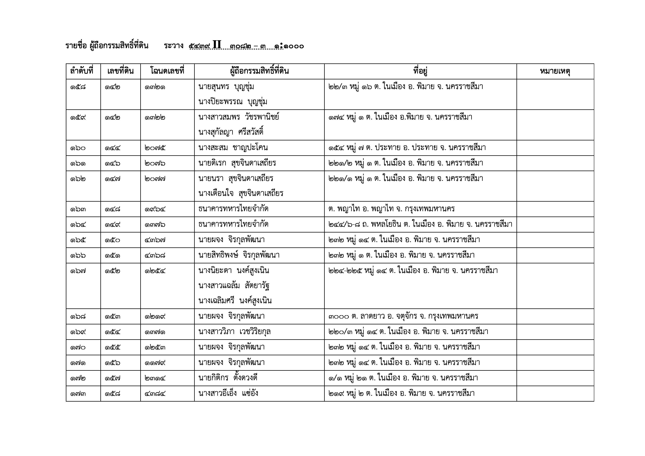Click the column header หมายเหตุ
pyautogui.click(x=555, y=71)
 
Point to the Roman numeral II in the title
pyautogui.click(x=217, y=45)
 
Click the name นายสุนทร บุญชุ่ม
pyautogui.click(x=226, y=87)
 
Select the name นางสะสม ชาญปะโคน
pyautogui.click(x=233, y=148)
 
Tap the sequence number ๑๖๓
pyautogui.click(x=78, y=209)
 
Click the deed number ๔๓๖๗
pyautogui.click(x=155, y=240)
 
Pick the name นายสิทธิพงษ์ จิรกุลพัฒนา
pyautogui.click(x=239, y=255)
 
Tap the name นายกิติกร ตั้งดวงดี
pyautogui.click(x=228, y=378)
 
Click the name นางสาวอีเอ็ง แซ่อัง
pyautogui.click(x=228, y=393)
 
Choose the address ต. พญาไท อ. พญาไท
pyautogui.click(x=391, y=209)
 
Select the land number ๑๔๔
pyautogui.click(x=112, y=148)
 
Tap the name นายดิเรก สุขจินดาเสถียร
pyautogui.click(x=237, y=163)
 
